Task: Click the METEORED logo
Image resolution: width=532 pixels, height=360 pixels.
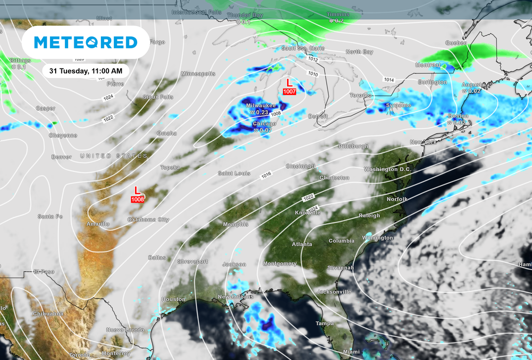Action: click(86, 43)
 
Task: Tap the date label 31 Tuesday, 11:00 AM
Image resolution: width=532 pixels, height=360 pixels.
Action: click(86, 71)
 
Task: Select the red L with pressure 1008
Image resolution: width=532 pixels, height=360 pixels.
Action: click(137, 194)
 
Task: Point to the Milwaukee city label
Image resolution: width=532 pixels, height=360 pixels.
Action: click(261, 105)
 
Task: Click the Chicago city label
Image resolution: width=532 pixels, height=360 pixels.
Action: click(264, 124)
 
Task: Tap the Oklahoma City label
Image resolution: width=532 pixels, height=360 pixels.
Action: click(149, 220)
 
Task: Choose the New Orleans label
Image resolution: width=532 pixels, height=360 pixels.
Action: click(231, 297)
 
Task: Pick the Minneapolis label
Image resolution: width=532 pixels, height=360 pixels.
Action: click(198, 74)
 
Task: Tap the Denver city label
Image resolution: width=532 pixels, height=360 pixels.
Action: click(61, 157)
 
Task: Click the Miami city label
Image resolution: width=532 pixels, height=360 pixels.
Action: click(351, 352)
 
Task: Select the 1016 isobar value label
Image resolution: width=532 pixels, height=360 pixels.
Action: click(266, 176)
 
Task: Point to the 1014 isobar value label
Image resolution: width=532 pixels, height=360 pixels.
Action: click(389, 79)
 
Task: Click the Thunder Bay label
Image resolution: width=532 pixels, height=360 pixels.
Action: click(245, 16)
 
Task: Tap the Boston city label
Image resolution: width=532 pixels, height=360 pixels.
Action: click(458, 116)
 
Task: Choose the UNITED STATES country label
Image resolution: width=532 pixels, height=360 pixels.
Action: click(114, 156)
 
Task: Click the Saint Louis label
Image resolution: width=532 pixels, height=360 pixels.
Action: click(234, 174)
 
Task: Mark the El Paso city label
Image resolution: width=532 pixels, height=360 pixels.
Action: click(44, 272)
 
